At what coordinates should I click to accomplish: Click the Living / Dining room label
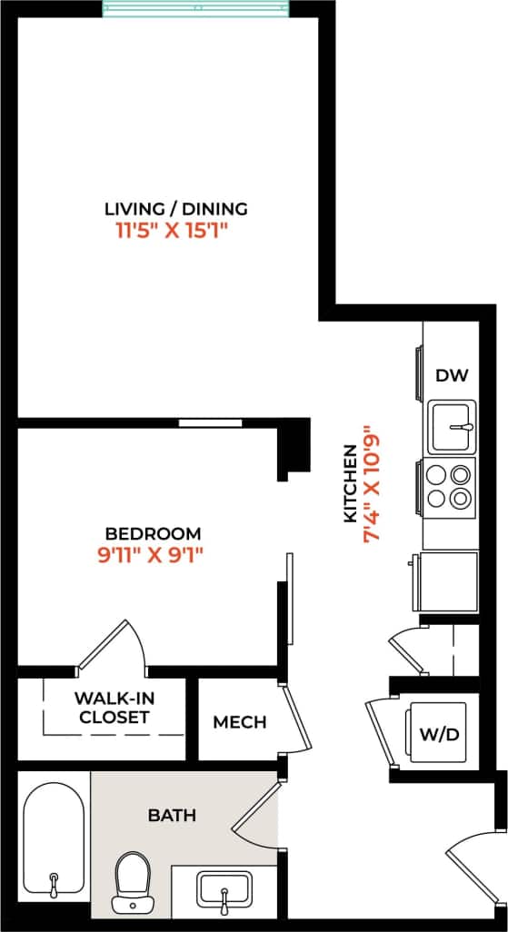pos(175,209)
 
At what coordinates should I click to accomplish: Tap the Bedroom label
pos(153,533)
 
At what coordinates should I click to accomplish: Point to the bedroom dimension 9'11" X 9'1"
pos(149,555)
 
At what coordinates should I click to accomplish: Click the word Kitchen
pos(350,484)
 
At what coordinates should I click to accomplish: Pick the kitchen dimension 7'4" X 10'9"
pos(370,484)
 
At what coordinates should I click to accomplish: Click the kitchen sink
pos(453,426)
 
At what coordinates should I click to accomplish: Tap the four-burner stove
pos(450,485)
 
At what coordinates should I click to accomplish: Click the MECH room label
pos(240,722)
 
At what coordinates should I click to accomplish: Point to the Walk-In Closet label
pos(113,708)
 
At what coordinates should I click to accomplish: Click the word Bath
pos(172,815)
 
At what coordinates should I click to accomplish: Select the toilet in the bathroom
pos(133,881)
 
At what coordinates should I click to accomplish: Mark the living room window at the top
pos(195,9)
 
